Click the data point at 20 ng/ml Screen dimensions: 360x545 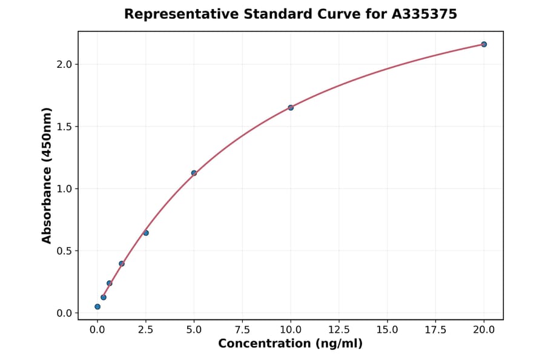(x=484, y=44)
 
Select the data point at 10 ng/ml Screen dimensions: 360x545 (x=291, y=107)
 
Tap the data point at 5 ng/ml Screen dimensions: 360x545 (x=194, y=173)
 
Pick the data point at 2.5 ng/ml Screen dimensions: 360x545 (x=146, y=233)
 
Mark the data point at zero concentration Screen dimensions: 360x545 (x=97, y=307)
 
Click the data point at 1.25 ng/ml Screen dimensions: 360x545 (x=122, y=264)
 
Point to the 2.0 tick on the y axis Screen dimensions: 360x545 (x=65, y=64)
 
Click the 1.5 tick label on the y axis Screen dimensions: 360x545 (x=65, y=127)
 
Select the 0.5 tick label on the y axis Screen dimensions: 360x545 (x=65, y=251)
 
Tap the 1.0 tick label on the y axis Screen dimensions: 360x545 (x=65, y=189)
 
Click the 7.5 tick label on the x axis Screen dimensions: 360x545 (x=242, y=330)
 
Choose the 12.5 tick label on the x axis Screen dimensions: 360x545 (x=339, y=330)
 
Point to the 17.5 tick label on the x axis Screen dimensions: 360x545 (x=435, y=330)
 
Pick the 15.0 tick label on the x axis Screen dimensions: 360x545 (x=387, y=330)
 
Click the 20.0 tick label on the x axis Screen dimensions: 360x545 (x=484, y=330)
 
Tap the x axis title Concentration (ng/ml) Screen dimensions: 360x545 (x=290, y=344)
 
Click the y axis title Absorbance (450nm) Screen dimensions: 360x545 (x=47, y=175)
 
